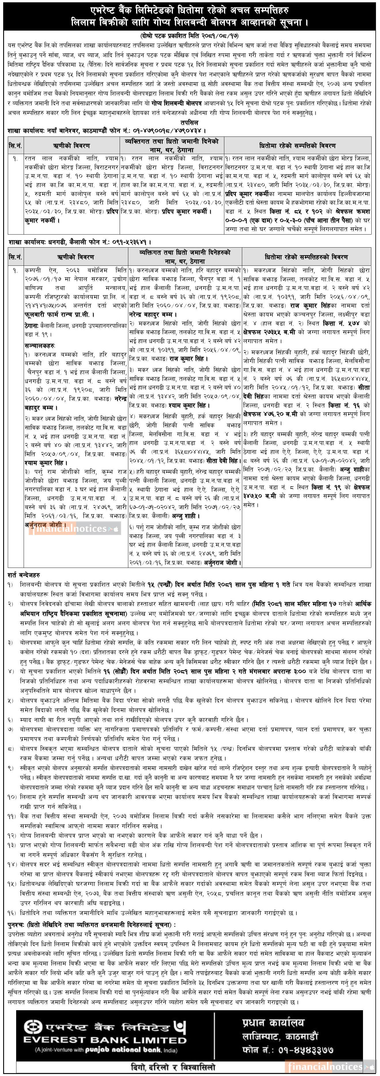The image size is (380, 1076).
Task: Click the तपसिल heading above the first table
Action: (x=190, y=123)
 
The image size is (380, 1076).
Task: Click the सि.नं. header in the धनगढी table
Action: (x=15, y=257)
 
